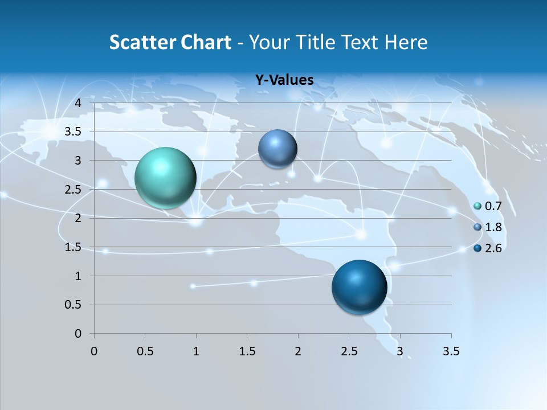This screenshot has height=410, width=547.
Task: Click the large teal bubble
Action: [x=165, y=178]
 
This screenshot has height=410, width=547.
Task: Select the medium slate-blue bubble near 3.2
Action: [x=277, y=149]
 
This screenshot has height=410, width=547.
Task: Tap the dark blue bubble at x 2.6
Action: [x=359, y=287]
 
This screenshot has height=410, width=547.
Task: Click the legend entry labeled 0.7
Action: [x=493, y=206]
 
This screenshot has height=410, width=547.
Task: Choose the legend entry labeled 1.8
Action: [x=493, y=227]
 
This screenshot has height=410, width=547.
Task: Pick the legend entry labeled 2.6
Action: [x=493, y=248]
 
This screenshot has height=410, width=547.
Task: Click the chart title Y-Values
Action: [x=284, y=80]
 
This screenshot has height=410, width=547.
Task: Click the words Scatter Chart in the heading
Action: [x=170, y=42]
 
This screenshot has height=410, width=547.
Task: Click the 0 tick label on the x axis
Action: [x=95, y=351]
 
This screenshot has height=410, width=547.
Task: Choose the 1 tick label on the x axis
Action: [x=196, y=351]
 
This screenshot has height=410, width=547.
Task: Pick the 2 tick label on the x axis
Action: [x=298, y=351]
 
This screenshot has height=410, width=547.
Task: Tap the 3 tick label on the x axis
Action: [x=400, y=351]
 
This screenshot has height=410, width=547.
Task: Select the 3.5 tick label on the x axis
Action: [x=451, y=351]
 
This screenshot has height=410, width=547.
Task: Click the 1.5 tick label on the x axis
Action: [x=247, y=351]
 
